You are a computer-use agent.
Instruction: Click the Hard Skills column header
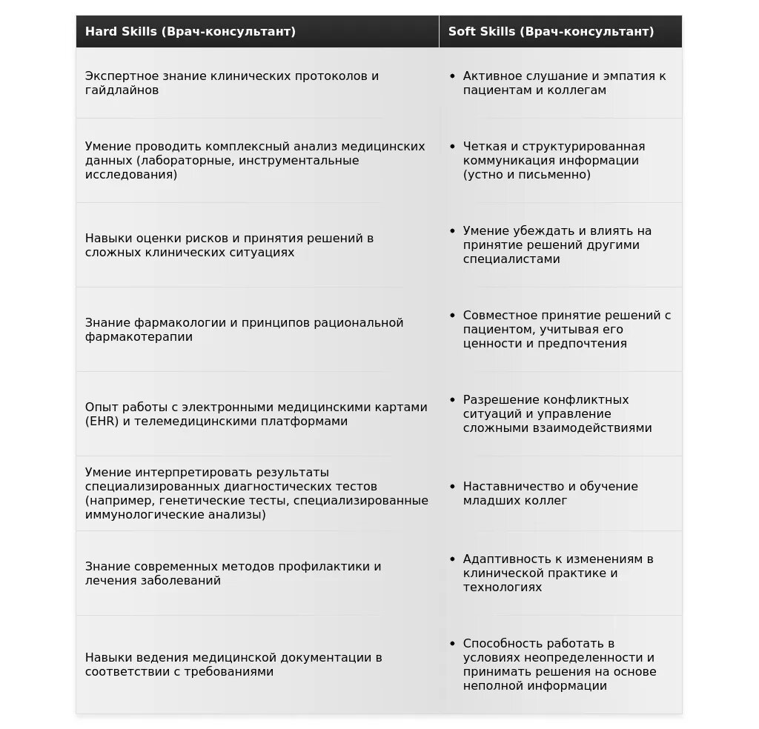click(190, 32)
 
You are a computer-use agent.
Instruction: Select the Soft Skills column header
click(551, 32)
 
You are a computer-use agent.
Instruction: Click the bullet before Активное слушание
click(452, 76)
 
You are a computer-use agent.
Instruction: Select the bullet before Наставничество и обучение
click(452, 487)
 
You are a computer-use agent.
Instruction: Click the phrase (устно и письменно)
click(527, 175)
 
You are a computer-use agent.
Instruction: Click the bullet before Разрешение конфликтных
click(452, 400)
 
